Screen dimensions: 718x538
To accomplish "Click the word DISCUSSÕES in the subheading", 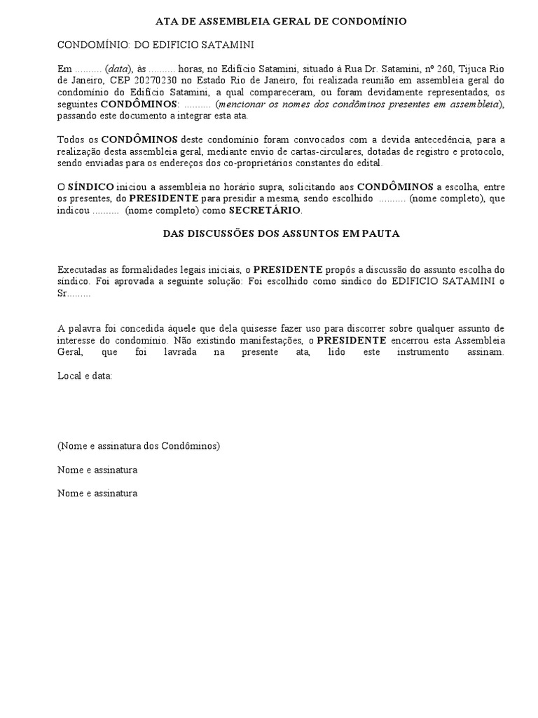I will (226, 234).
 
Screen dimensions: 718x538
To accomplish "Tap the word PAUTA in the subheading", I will (381, 234).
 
